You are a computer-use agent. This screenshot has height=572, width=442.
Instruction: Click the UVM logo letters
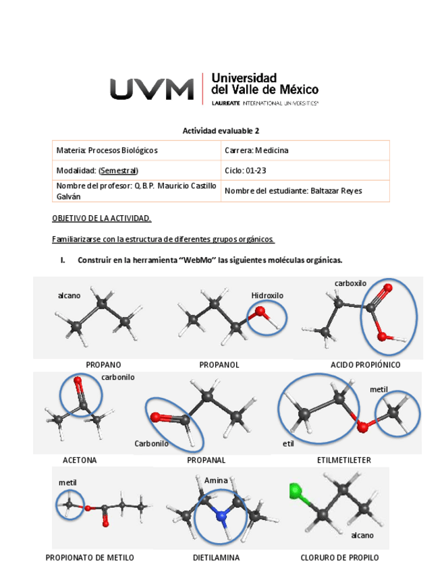point(152,88)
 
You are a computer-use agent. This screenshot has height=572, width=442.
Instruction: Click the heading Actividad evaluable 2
point(221,131)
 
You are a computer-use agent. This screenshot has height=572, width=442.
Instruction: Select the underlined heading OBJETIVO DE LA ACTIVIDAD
point(102,219)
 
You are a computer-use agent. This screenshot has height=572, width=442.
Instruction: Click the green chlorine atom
point(294,490)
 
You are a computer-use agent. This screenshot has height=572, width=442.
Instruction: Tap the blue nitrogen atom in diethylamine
point(221,516)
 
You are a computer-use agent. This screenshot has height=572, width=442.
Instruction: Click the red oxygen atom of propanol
point(260,312)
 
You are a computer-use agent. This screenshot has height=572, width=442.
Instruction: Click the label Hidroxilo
point(267,295)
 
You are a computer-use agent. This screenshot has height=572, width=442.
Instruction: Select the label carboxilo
point(350,283)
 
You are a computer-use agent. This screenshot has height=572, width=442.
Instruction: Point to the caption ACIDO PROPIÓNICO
point(365,365)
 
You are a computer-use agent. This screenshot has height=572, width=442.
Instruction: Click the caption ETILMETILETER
point(343,460)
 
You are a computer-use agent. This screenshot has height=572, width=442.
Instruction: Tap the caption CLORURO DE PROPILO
point(339,558)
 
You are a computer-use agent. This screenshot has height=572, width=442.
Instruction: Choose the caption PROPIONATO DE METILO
point(90,558)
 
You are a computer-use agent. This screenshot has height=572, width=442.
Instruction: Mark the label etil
point(288,444)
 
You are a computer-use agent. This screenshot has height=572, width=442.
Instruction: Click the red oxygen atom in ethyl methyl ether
point(363,426)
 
